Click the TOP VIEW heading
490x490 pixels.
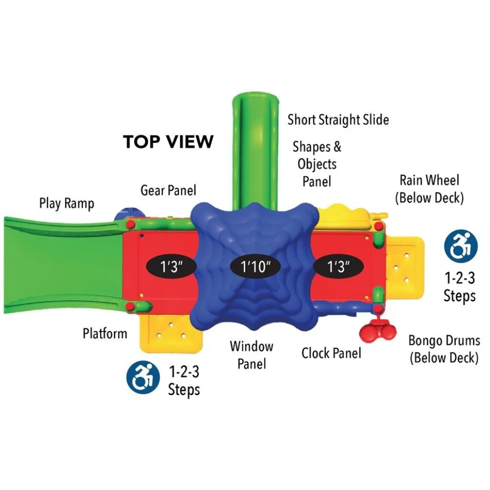pos(168,141)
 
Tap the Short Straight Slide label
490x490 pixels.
pos(338,120)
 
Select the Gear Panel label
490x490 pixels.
pos(168,190)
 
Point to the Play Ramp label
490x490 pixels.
pos(66,203)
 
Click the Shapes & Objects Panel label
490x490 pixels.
pos(317,164)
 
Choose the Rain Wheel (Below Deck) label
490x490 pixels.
pos(429,189)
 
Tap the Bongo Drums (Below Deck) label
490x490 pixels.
pos(444,349)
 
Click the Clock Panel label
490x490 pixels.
pos(331,353)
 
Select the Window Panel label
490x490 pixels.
pos(251,355)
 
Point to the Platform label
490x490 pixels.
pos(105,334)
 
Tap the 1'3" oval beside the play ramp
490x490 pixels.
pos(171,267)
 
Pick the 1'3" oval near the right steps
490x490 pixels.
pos(338,267)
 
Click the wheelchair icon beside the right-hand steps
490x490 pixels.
pos(461,246)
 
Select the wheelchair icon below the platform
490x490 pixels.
pos(143,377)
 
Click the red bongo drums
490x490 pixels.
pos(377,330)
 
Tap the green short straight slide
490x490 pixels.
pos(255,150)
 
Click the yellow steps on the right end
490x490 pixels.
pos(404,268)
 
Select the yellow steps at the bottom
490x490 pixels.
pos(171,333)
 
